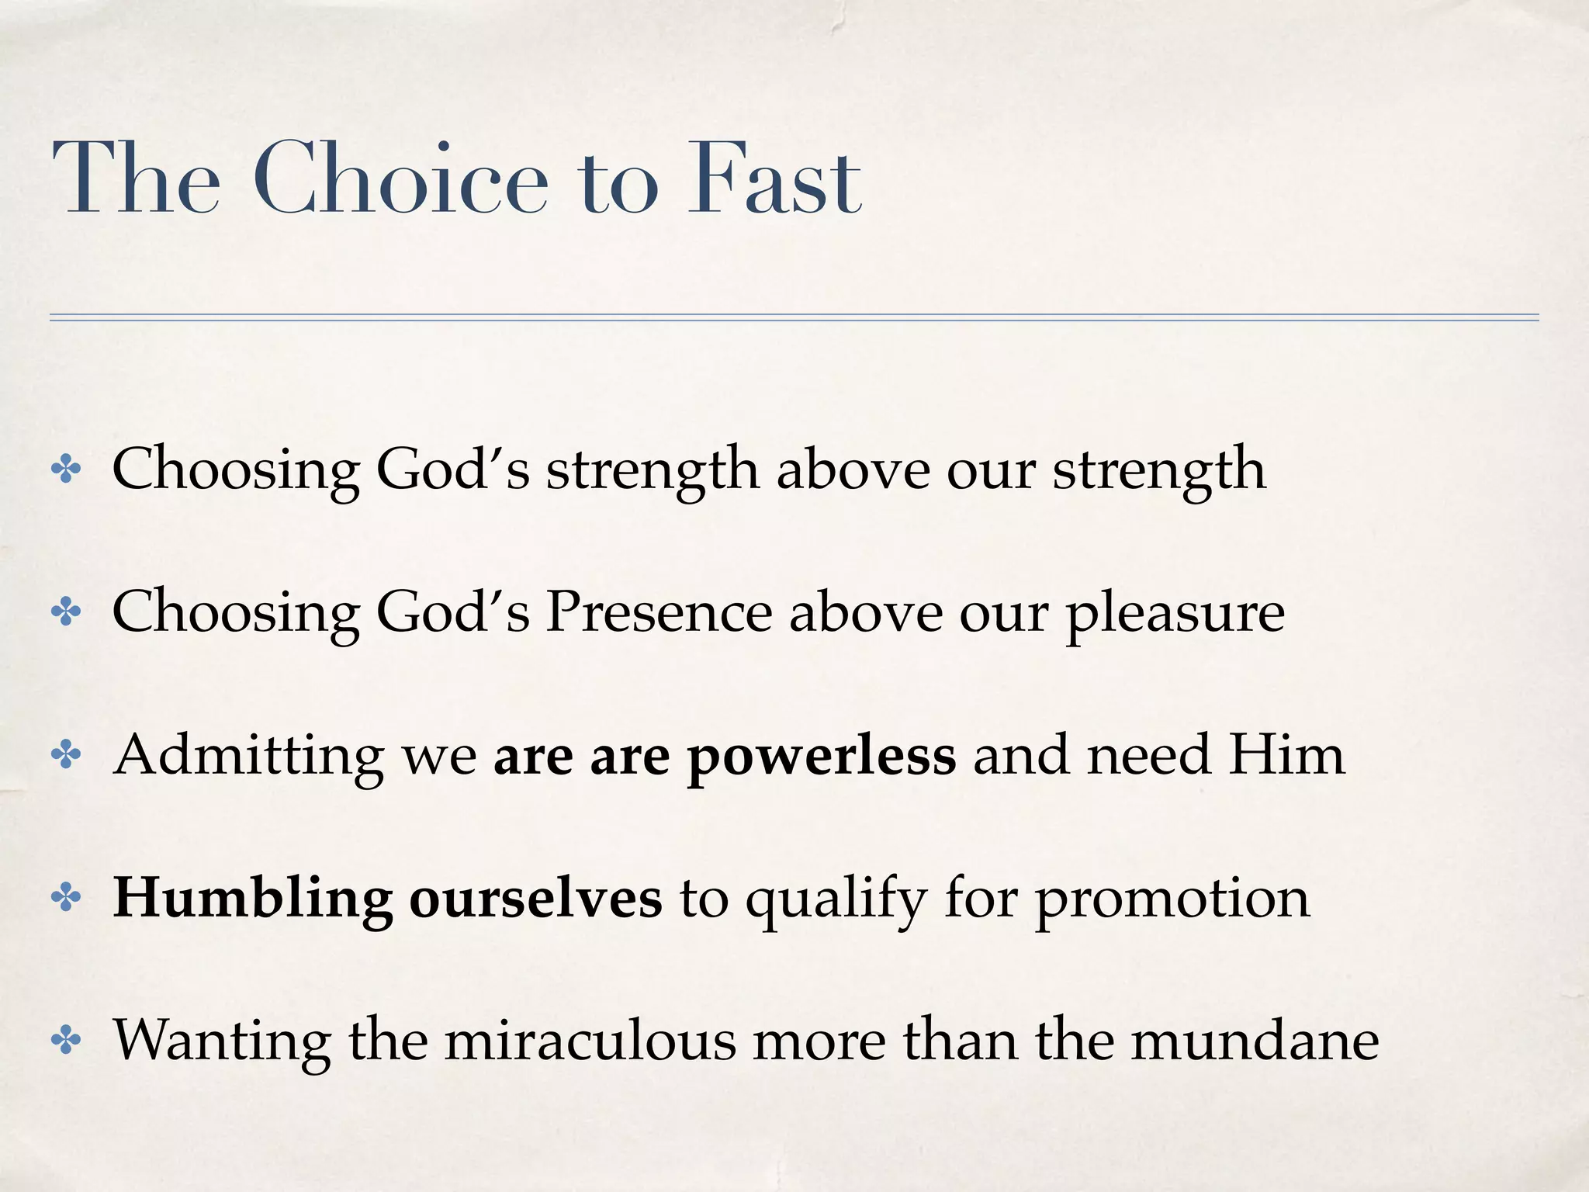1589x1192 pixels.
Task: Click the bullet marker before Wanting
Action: pyautogui.click(x=66, y=1041)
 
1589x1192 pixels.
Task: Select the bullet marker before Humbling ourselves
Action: pyautogui.click(x=66, y=898)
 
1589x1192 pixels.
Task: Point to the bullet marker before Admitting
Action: pyautogui.click(x=66, y=755)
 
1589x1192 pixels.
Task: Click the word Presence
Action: pyautogui.click(x=659, y=612)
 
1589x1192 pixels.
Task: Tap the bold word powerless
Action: pyautogui.click(x=822, y=757)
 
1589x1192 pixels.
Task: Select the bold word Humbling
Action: pyautogui.click(x=253, y=899)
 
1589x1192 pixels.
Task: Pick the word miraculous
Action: pyautogui.click(x=590, y=1041)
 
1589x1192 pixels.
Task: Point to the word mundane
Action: pyautogui.click(x=1255, y=1041)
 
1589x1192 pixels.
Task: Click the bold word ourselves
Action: pyautogui.click(x=535, y=899)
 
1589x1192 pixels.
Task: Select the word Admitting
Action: pyautogui.click(x=248, y=757)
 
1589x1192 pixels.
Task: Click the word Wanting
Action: pyautogui.click(x=222, y=1042)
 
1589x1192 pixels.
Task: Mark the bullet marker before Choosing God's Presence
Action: pyautogui.click(x=66, y=612)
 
